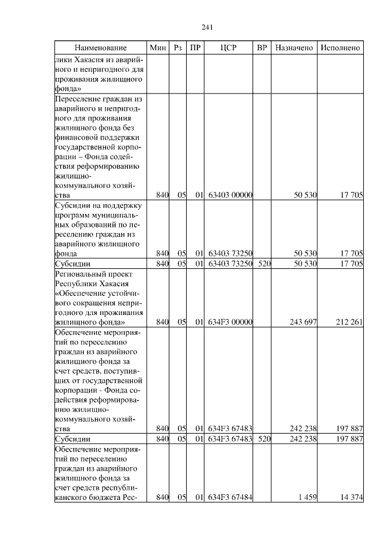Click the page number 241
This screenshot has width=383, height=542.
208,27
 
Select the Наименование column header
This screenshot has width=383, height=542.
101,47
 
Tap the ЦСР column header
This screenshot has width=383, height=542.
230,47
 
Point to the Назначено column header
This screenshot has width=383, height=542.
294,47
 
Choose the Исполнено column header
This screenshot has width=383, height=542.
340,47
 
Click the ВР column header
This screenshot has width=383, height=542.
262,47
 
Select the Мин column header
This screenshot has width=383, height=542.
157,47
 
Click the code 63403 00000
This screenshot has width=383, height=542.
230,195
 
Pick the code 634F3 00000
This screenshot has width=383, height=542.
230,322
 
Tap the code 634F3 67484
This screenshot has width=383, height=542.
230,497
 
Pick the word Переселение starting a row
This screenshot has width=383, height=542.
78,98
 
